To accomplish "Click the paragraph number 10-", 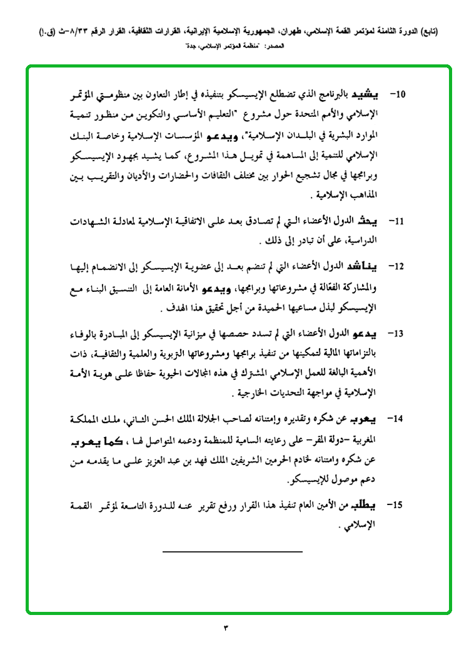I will click(398, 95).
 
